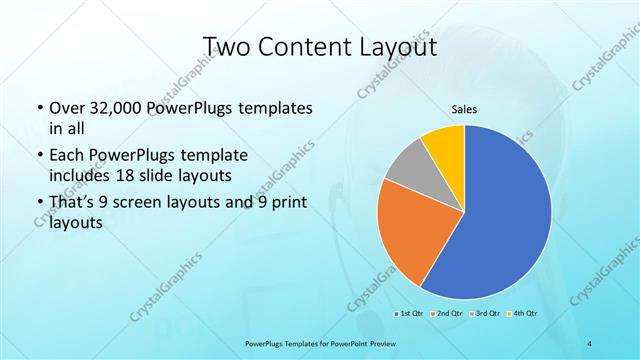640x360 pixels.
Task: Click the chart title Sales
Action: [x=464, y=109]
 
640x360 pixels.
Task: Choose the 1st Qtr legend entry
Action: [x=410, y=313]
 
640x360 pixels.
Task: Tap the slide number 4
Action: [x=589, y=343]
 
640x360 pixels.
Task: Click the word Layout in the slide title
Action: [x=400, y=46]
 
